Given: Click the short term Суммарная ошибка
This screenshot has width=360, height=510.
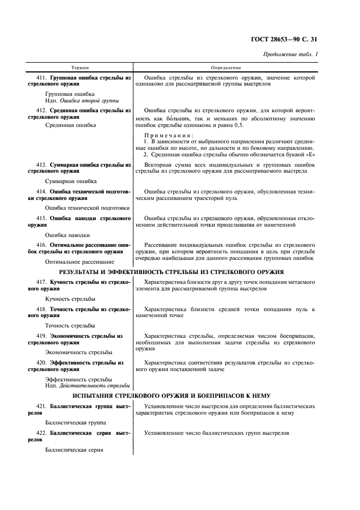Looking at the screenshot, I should (71, 181).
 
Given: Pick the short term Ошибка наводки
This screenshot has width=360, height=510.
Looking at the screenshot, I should (68, 235).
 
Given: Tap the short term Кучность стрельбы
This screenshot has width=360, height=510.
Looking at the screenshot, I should (70, 299).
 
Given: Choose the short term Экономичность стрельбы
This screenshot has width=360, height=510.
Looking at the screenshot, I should (79, 352).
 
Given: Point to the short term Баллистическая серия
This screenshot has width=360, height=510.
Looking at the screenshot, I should (74, 450).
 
